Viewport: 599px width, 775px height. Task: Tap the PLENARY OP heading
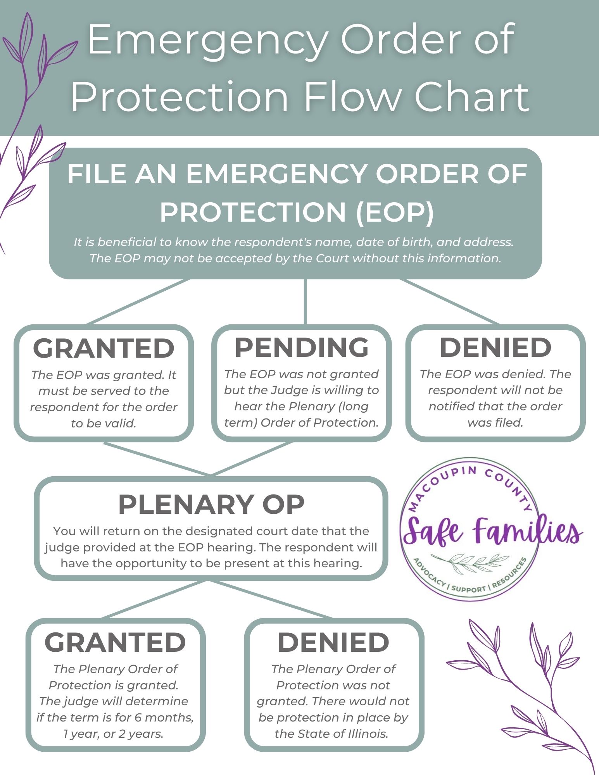211,504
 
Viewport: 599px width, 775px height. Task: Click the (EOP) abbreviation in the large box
395,212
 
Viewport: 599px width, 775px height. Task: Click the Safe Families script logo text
492,530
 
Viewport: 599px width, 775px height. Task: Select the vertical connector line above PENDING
306,301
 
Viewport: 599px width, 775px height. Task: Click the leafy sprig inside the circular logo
470,561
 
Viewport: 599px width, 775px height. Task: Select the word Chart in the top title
472,96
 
